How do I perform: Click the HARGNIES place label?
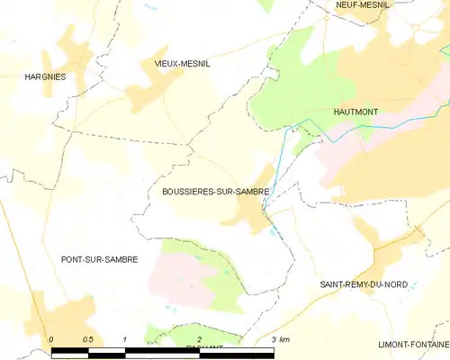click(45, 77)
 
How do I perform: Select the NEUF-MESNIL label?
click(362, 4)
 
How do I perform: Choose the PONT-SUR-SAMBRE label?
click(99, 259)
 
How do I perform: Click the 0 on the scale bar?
click(52, 338)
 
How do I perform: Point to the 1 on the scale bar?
click(125, 338)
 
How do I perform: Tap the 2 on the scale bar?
click(198, 338)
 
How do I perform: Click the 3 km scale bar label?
click(279, 338)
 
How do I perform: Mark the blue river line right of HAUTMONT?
click(396, 129)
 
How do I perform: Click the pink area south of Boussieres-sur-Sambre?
click(175, 274)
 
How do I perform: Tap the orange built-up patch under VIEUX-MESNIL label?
click(153, 85)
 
